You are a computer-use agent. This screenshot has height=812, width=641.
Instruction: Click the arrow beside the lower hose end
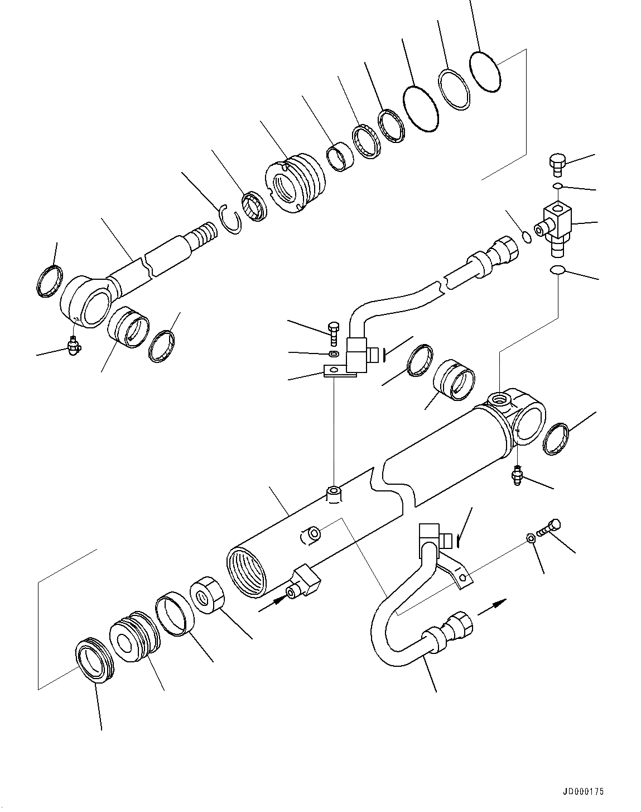pos(493,606)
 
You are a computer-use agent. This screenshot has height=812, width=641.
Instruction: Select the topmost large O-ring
pos(485,71)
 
